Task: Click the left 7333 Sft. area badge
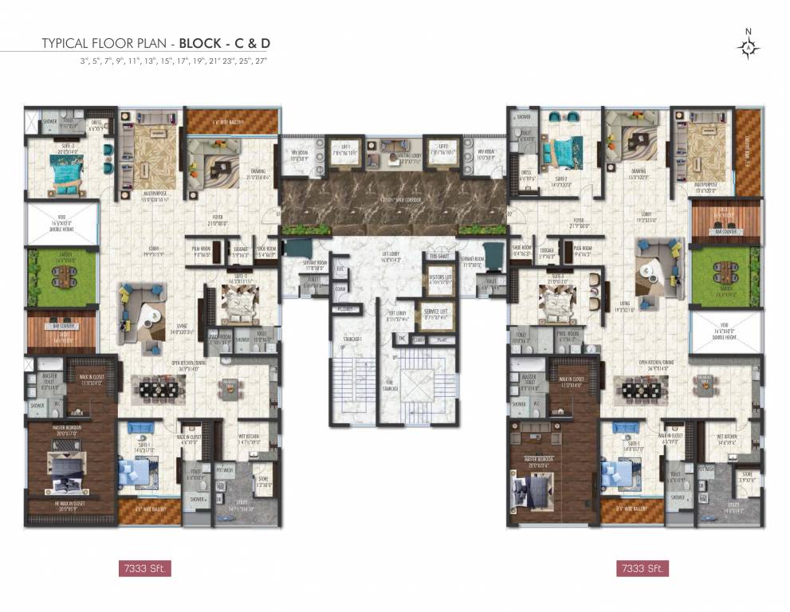click(144, 568)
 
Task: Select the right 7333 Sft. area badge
click(642, 568)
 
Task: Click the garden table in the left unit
click(61, 277)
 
